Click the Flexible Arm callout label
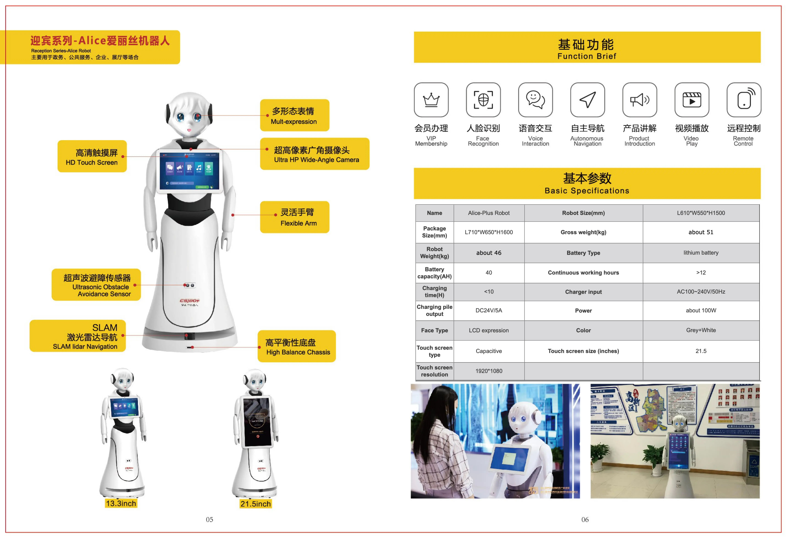(295, 217)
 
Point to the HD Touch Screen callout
(92, 156)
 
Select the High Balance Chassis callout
(297, 347)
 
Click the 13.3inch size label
(121, 503)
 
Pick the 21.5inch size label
(256, 504)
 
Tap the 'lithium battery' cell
(701, 253)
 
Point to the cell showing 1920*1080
(489, 371)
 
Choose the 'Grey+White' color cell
(701, 330)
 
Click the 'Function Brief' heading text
(587, 56)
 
